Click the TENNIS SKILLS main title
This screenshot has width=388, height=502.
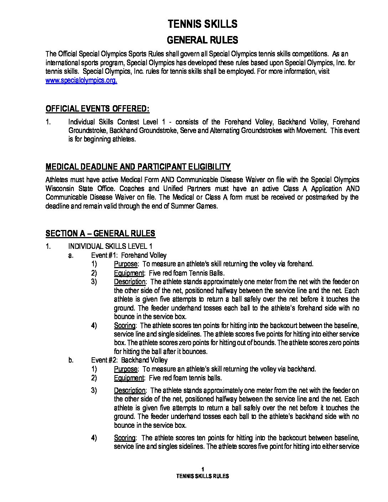coord(202,24)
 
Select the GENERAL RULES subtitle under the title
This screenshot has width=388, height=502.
coord(202,40)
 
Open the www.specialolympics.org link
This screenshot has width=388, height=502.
coord(81,80)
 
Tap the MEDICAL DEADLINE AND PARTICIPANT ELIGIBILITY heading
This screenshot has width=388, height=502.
coord(138,167)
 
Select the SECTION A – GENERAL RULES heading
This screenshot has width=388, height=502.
coord(100,234)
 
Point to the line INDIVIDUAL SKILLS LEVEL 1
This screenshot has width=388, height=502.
coord(110,246)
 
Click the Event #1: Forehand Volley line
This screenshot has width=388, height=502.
coord(129,255)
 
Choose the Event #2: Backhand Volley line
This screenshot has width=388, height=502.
coord(129,360)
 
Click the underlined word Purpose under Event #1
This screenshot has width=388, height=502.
coord(126,264)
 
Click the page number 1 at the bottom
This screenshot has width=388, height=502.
coord(203,469)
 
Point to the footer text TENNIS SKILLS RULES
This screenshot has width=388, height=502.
coord(203,476)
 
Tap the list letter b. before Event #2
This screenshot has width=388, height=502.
coord(71,360)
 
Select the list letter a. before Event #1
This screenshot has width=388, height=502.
coord(71,255)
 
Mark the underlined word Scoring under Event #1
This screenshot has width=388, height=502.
coord(125,326)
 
